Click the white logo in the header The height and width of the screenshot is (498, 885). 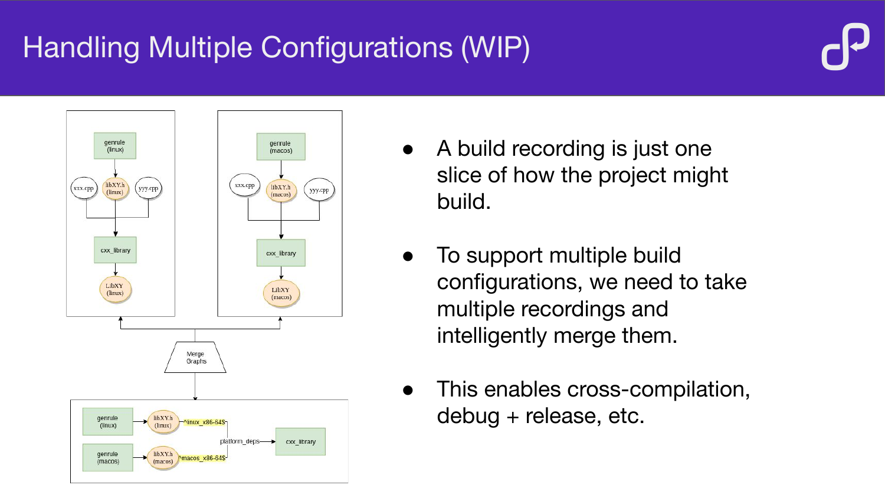point(845,47)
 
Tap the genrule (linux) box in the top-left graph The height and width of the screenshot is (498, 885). point(115,146)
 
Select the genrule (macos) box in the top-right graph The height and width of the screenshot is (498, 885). point(281,147)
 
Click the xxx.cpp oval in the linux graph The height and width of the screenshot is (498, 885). point(84,189)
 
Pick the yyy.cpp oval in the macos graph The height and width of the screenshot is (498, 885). point(319,191)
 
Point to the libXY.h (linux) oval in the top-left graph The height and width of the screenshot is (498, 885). point(115,189)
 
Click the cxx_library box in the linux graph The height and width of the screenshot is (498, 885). point(115,250)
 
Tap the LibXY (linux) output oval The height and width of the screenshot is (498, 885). point(115,290)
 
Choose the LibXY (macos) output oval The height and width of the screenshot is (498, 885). point(281,293)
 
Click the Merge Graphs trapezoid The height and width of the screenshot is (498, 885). point(195,358)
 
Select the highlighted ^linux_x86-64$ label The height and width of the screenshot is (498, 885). point(204,422)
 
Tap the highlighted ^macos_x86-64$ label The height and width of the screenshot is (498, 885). point(202,458)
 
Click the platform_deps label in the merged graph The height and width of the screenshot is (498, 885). point(240,441)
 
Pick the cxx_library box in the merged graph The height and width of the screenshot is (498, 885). point(300,442)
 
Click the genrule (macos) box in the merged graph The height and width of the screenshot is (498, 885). point(108,458)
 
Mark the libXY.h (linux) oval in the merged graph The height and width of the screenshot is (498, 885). point(163,422)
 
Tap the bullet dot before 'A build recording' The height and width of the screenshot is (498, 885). point(408,149)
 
